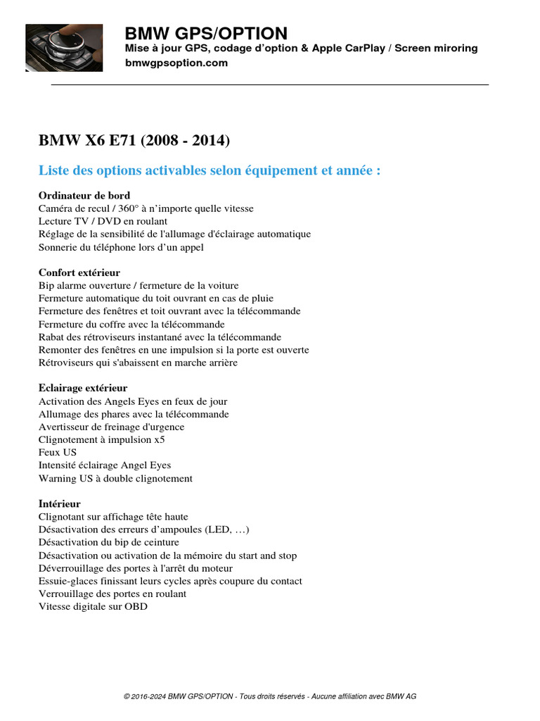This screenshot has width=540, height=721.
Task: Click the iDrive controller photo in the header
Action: point(64,48)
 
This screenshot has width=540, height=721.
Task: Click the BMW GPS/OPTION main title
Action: point(206,33)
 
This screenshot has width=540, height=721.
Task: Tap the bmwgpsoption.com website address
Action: point(176,63)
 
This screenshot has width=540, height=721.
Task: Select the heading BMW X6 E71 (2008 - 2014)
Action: point(134,140)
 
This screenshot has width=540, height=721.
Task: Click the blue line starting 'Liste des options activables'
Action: point(210,171)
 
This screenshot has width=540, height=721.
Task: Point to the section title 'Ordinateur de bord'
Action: point(84,195)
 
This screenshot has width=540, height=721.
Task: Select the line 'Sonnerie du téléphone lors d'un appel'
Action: point(122,247)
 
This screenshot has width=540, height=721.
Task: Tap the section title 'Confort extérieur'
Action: point(79,272)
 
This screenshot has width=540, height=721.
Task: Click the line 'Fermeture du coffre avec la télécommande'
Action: point(131,324)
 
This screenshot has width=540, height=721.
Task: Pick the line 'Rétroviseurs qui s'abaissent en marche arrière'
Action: point(138,363)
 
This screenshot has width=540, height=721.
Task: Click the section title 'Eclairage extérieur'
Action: point(83,388)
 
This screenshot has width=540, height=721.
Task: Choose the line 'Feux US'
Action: point(58,452)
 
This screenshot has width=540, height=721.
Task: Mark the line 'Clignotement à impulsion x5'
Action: point(102,439)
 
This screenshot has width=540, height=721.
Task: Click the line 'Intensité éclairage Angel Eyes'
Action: point(105,465)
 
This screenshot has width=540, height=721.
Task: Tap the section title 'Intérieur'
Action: point(60,504)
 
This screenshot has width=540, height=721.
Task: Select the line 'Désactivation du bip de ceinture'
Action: point(109,542)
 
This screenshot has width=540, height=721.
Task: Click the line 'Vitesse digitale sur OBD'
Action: point(93,606)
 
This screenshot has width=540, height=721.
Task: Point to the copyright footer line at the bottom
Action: point(270,696)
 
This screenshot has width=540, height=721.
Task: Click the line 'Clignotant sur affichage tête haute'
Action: point(113,517)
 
